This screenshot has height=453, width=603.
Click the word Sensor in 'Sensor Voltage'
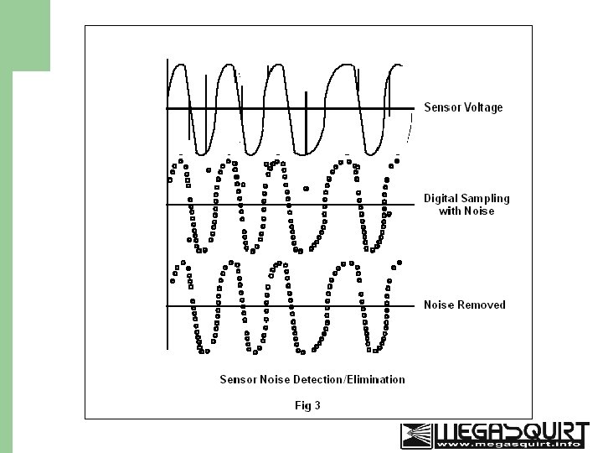tap(441, 107)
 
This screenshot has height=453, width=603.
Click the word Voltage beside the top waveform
tap(482, 107)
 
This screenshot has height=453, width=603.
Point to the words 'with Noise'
tap(466, 211)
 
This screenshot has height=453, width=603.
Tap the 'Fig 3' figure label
tap(307, 406)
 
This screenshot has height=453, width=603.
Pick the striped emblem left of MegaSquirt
tap(417, 435)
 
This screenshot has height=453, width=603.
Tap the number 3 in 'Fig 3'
tap(317, 406)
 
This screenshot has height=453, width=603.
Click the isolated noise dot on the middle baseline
tap(306, 190)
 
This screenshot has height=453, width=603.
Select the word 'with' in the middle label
tap(450, 211)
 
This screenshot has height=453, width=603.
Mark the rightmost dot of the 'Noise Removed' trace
tap(399, 263)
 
